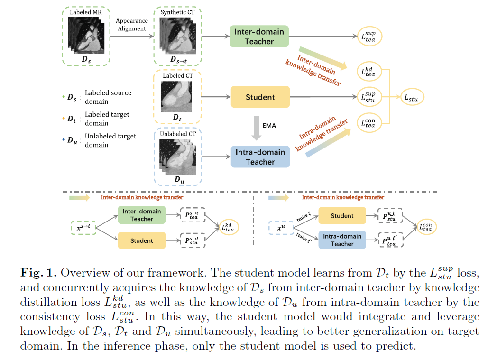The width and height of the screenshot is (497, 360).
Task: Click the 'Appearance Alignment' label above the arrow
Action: point(131,25)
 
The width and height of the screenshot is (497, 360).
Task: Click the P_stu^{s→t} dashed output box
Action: point(193,240)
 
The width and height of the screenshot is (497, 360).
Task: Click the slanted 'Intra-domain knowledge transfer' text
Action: point(323,135)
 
